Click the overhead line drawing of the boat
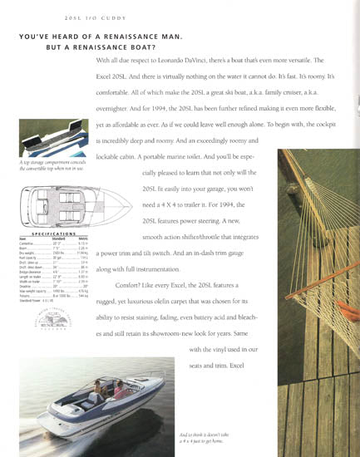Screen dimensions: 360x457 tap(55, 203)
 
